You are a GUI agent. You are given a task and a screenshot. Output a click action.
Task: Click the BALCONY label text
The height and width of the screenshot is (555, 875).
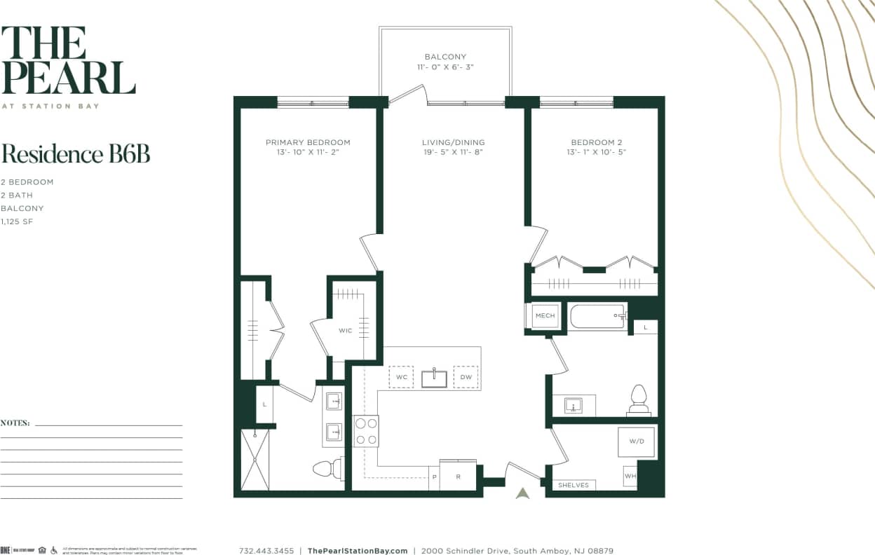[x=445, y=57]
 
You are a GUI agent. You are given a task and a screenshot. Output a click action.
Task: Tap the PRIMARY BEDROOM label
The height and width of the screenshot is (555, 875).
[x=308, y=142]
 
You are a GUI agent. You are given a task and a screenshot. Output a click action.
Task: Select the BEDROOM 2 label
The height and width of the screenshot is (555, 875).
[x=592, y=142]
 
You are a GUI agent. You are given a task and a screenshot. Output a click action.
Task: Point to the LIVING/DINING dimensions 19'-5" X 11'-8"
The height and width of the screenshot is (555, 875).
[x=453, y=152]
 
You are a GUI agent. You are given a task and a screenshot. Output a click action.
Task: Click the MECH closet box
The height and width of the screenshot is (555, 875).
[x=545, y=316]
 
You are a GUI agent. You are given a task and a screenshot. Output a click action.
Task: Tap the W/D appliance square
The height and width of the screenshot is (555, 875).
[x=636, y=441]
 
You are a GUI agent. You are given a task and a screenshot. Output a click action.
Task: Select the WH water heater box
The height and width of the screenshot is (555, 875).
[x=630, y=477]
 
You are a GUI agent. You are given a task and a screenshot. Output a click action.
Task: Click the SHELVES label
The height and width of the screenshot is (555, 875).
[x=574, y=485]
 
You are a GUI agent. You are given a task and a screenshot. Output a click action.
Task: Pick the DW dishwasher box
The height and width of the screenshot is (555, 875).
[x=466, y=377]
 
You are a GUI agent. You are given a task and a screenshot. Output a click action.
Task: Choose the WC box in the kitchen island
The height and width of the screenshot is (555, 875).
[x=402, y=377]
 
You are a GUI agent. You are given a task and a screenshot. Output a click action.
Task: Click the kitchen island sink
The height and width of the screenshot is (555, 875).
[x=434, y=378]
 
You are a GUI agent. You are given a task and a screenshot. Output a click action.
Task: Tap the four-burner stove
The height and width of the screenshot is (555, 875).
[x=365, y=431]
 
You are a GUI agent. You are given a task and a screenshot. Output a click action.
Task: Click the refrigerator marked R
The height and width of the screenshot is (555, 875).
[x=457, y=476]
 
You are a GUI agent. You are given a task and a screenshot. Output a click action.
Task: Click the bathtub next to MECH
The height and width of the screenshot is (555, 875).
[x=598, y=316]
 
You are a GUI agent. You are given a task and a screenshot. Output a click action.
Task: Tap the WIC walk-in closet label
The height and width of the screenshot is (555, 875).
[x=345, y=330]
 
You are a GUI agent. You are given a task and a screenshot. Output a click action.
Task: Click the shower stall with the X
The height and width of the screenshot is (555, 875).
[x=255, y=460]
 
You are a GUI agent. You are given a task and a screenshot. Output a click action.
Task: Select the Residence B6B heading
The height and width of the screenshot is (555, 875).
[x=75, y=153]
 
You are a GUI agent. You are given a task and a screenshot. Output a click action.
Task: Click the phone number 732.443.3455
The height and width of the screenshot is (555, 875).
[x=266, y=551]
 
